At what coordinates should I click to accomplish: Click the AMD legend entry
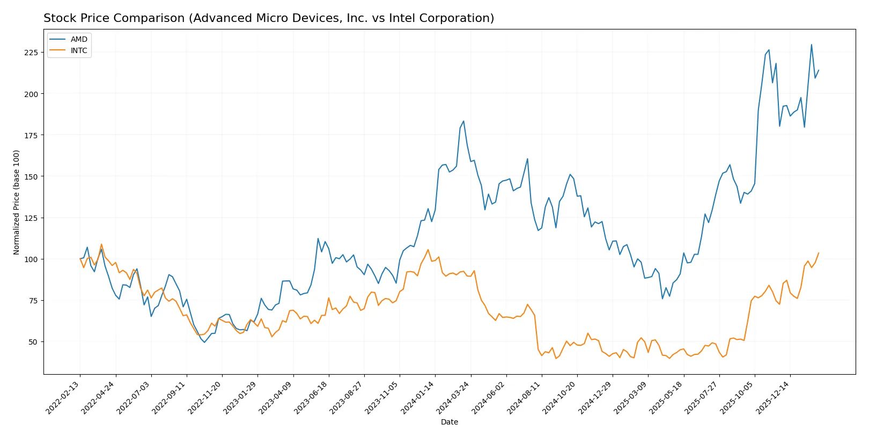click(x=78, y=39)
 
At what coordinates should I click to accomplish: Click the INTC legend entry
click(x=79, y=50)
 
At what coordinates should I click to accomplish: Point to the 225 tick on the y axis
click(x=31, y=53)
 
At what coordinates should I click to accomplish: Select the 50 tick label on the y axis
click(x=33, y=342)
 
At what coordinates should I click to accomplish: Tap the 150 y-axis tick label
click(x=31, y=176)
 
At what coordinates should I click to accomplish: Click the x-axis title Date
click(x=449, y=422)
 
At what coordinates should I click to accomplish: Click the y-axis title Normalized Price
click(x=16, y=202)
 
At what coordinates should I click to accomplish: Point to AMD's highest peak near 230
click(x=811, y=44)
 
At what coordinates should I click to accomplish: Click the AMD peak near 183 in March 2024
click(x=463, y=121)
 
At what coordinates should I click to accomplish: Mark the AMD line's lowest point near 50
click(x=204, y=342)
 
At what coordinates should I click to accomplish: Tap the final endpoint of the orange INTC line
click(x=819, y=253)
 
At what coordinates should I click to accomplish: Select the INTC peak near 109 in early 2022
click(x=101, y=244)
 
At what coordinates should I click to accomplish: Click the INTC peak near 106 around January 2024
click(x=428, y=250)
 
